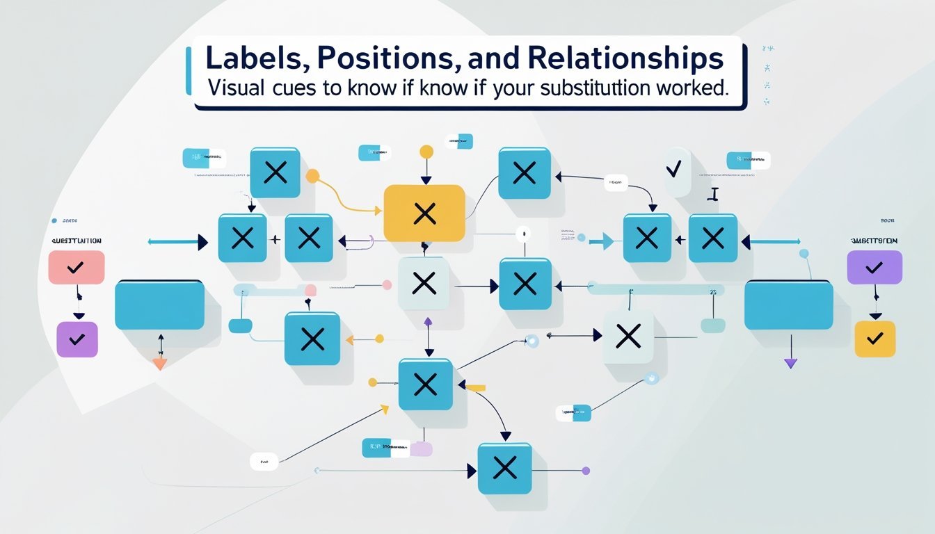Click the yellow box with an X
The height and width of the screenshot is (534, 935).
coord(424,213)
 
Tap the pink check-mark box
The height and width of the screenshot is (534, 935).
coord(77,267)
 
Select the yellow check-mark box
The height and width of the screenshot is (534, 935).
coord(874,339)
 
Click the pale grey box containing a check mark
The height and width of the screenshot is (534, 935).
coord(677,170)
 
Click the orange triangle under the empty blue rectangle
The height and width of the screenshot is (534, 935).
coord(160,363)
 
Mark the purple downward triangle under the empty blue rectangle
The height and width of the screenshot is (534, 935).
coord(790,362)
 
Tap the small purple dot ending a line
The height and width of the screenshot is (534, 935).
coord(586,471)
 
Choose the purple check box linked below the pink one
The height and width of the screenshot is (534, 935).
coord(77,339)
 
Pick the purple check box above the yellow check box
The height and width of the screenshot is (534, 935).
coord(874,267)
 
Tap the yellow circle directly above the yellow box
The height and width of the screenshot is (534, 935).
coord(426,151)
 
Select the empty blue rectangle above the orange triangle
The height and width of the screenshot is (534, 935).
coord(159,305)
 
